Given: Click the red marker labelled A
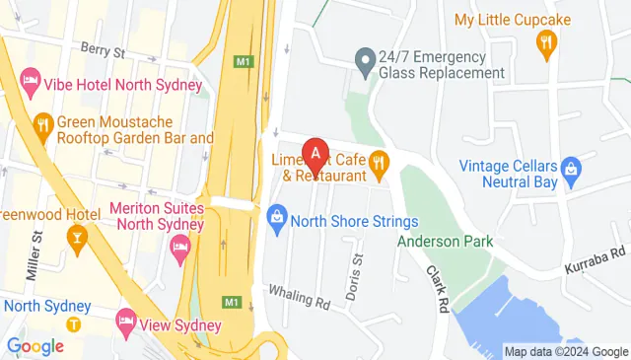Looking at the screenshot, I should click(x=315, y=153).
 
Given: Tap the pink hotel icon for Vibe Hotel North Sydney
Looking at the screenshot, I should click(x=30, y=86).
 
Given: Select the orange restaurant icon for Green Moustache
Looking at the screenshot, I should click(x=42, y=123).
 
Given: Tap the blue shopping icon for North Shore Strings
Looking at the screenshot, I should click(x=278, y=216).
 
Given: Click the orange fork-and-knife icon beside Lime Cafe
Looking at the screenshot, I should click(x=378, y=163).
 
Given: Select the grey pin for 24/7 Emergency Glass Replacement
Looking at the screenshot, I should click(x=365, y=61).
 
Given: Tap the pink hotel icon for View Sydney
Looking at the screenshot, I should click(x=125, y=320).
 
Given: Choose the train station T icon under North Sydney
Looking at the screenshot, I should click(x=74, y=324).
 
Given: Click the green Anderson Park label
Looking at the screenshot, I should click(x=445, y=241).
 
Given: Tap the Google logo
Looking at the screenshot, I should click(x=35, y=346).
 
